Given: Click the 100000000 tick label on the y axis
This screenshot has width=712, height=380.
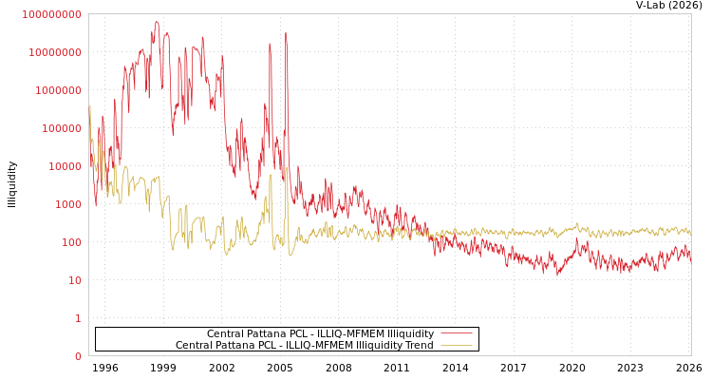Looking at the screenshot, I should point(52,14).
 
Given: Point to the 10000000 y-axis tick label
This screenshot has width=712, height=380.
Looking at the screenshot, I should point(55,52).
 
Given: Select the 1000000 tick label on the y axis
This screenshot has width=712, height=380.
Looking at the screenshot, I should point(58,90).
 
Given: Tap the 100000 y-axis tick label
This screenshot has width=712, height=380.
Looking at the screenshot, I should point(61,128).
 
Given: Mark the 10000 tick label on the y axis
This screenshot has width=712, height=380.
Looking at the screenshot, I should point(64,166).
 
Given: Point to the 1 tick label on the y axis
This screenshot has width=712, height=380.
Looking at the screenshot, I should point(78,318).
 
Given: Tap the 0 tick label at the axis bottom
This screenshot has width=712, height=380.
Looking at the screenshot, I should point(78,356).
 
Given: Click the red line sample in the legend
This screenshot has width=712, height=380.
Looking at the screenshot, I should point(456,334).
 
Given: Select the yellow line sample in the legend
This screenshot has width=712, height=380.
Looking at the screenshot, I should point(456,346).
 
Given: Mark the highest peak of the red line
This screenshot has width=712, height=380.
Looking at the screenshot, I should point(157,21).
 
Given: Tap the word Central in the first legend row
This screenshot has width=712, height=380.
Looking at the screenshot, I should point(226,334).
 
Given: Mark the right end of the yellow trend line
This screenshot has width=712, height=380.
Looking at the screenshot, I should point(690,233).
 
